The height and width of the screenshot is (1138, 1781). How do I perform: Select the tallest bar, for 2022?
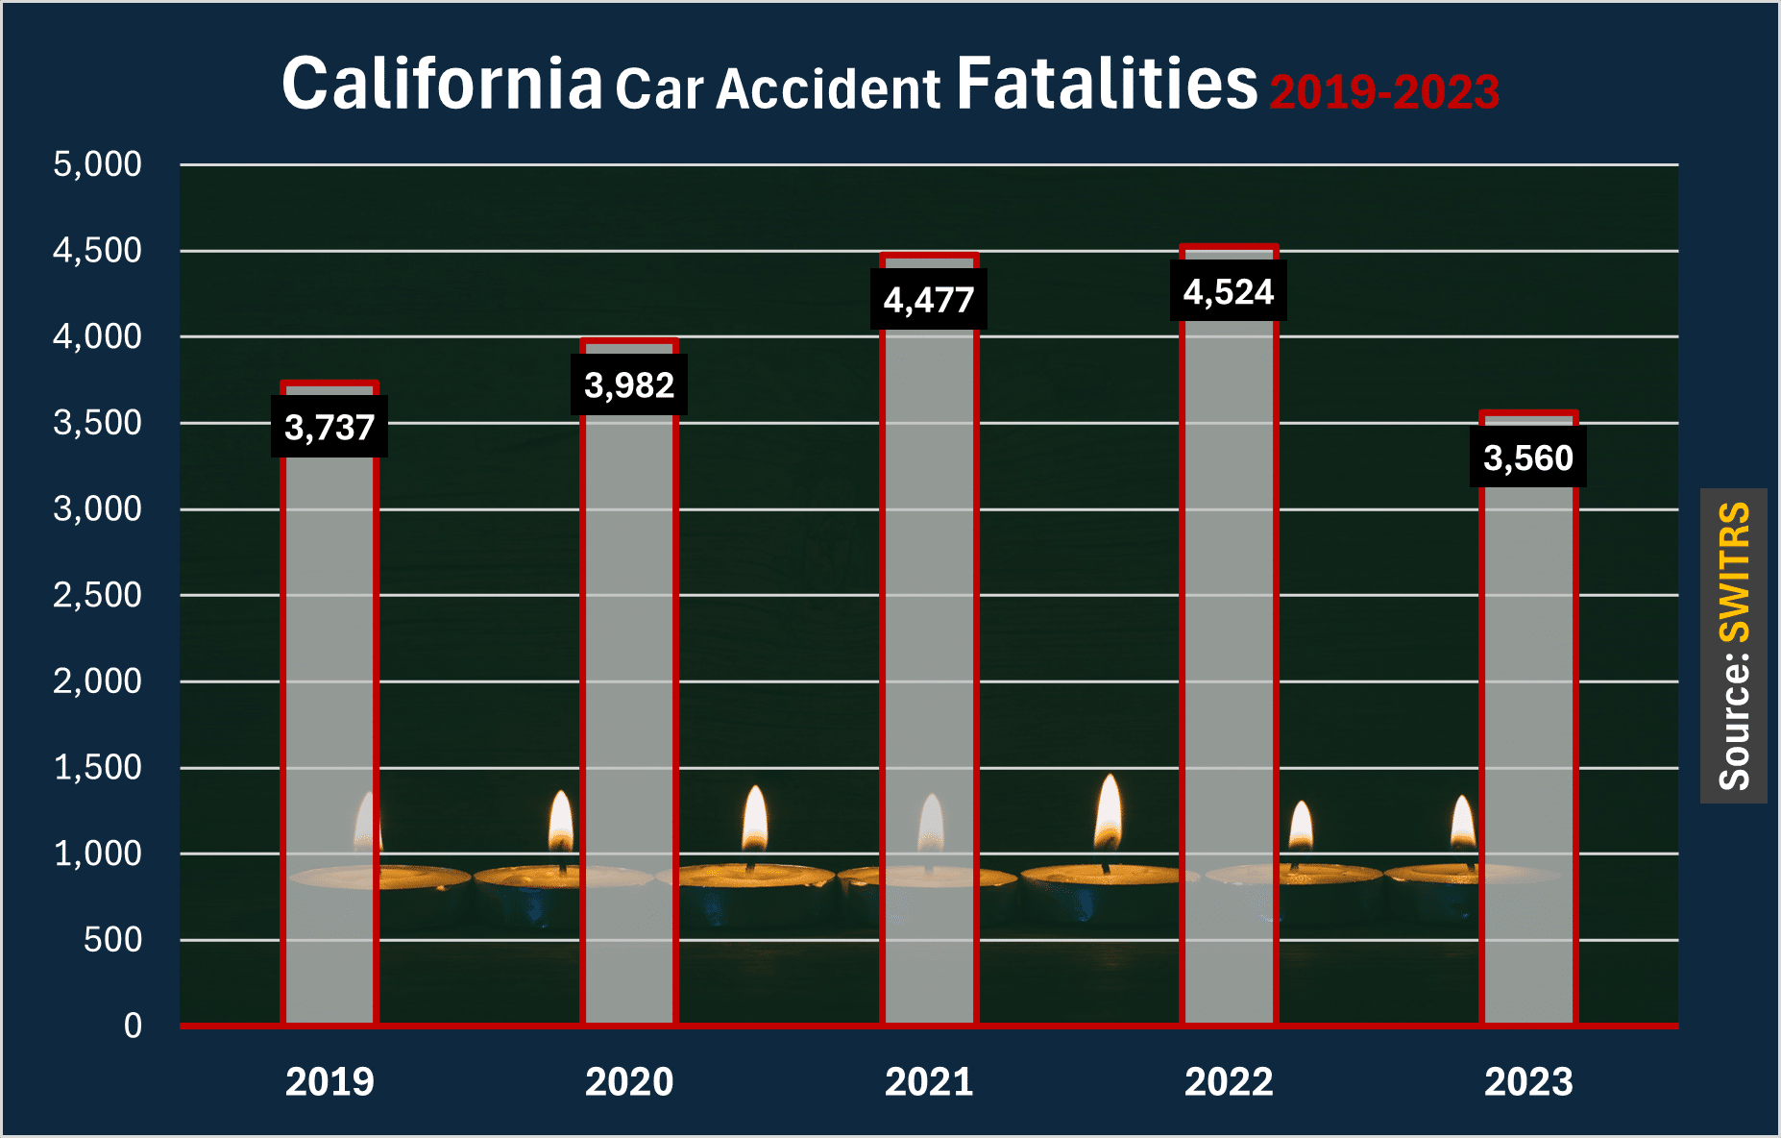[1229, 673]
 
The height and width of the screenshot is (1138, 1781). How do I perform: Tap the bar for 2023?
[1528, 750]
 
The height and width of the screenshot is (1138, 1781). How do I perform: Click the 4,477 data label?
[929, 300]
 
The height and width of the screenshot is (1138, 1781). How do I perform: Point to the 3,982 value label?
[629, 385]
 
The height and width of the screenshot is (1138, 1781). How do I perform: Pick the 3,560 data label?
[1528, 458]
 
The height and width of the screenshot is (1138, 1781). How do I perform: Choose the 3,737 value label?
[329, 427]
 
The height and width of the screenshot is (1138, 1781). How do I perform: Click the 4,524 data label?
[1229, 291]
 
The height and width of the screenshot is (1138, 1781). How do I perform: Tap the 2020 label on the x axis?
[629, 1082]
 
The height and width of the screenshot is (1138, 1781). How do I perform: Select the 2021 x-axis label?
[929, 1082]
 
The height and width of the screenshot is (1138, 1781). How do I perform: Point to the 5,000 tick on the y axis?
[97, 164]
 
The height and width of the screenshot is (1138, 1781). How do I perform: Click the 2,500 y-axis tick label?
[97, 595]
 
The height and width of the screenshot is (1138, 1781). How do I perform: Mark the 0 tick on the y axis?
[133, 1026]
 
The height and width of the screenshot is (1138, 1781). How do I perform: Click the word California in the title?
[442, 84]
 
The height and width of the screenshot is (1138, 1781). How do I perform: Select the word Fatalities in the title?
[1107, 84]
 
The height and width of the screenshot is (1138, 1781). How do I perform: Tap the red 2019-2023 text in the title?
[1384, 92]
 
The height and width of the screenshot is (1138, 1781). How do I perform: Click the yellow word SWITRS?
[1734, 572]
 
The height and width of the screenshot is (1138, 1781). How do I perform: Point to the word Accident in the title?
[828, 89]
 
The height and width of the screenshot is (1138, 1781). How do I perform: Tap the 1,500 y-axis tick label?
[97, 767]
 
